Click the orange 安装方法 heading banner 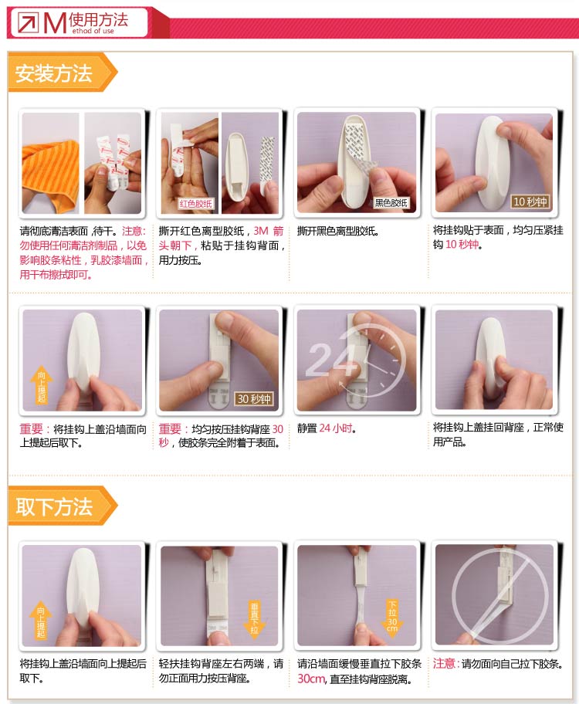62,73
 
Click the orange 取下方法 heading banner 62,506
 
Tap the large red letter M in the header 55,23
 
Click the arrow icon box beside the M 29,22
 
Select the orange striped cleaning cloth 50,172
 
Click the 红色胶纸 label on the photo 196,203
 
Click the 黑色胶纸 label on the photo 391,203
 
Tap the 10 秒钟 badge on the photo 530,201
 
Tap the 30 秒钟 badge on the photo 254,398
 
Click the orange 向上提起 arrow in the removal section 41,621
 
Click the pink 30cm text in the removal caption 310,679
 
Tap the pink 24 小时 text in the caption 336,428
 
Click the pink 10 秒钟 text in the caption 462,244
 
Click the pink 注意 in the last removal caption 445,664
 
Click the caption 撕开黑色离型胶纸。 338,232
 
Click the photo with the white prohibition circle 494,595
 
